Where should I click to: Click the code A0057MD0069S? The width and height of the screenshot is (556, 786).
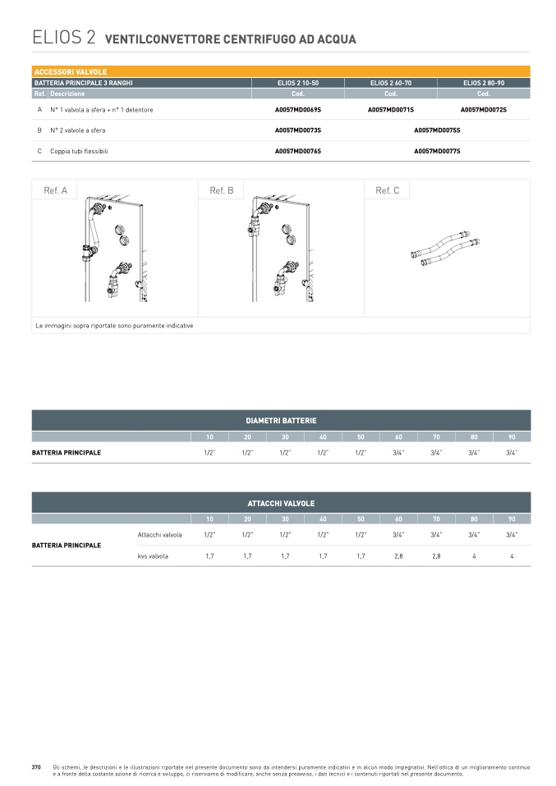[298, 110]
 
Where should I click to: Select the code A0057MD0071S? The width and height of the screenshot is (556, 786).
[391, 110]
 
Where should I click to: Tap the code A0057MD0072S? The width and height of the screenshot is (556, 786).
[484, 110]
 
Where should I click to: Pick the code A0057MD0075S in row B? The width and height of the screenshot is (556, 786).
[437, 130]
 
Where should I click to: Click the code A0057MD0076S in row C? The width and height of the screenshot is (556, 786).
[298, 151]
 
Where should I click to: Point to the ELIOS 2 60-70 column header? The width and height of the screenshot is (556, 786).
[391, 83]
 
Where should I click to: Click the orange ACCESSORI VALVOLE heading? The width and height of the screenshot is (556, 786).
[71, 71]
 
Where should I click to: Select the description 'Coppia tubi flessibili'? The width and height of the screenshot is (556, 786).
[79, 151]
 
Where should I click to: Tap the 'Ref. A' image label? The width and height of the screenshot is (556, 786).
[55, 190]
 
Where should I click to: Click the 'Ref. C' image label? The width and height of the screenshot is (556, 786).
[388, 190]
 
